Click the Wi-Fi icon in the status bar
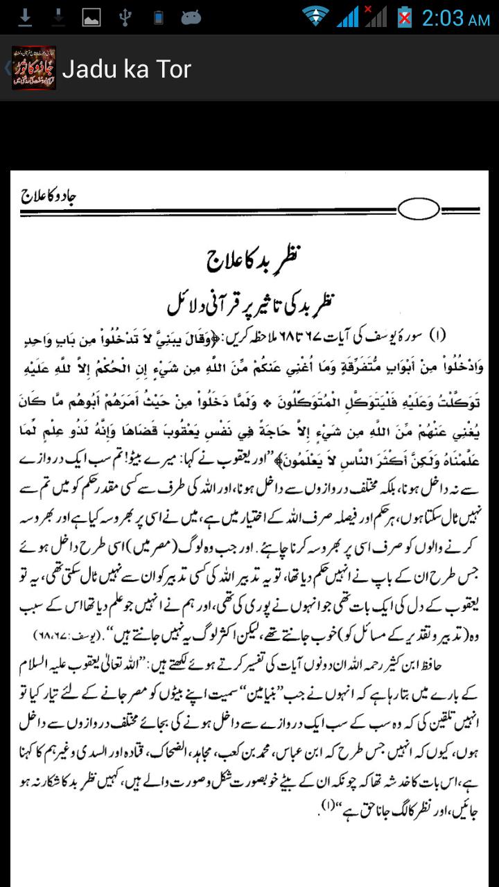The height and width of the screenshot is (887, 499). pos(315,17)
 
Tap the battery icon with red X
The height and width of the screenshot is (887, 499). pos(404,17)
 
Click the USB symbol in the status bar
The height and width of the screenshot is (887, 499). pos(125,17)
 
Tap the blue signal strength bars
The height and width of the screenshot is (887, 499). pos(347,17)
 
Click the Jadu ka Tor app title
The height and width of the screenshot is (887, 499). pos(126,69)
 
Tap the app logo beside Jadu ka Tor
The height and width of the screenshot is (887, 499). pos(33,68)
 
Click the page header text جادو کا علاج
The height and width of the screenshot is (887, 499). pos(49,196)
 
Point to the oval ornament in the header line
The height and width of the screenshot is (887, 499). pos(419,208)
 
